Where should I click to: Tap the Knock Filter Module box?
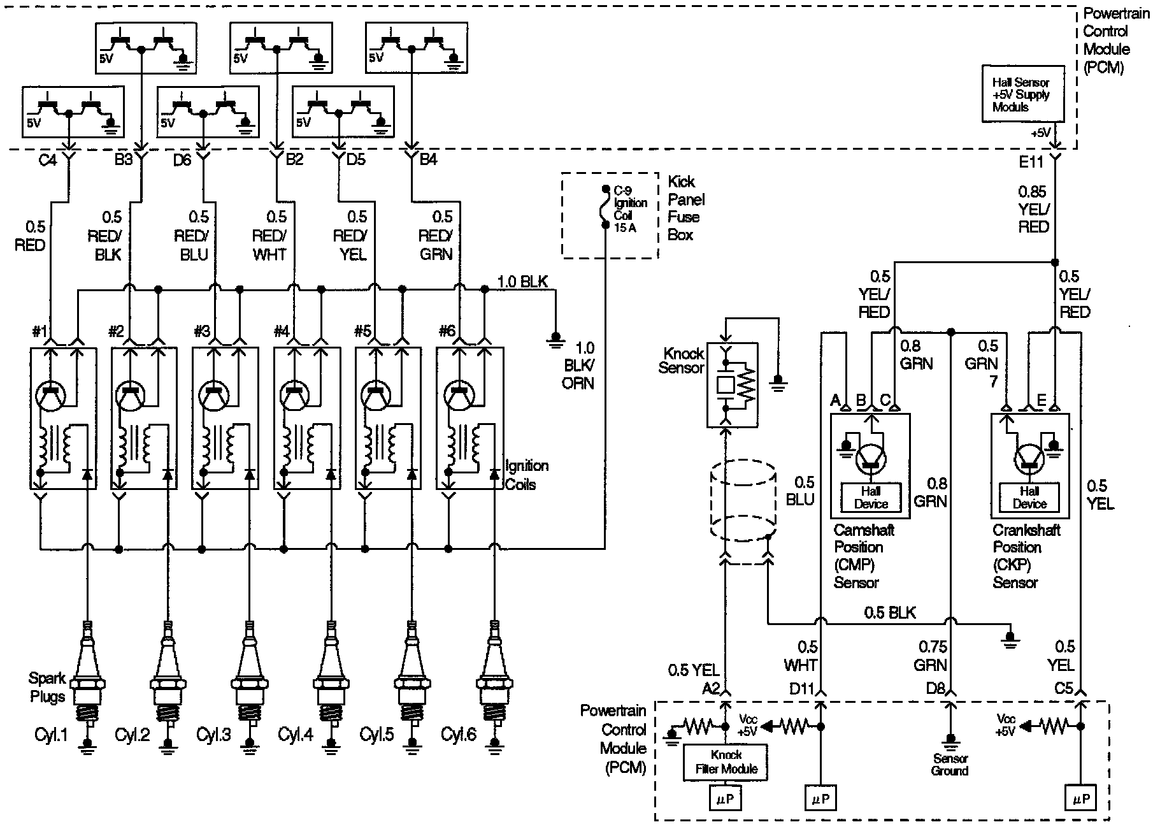726,762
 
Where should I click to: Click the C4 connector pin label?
48,160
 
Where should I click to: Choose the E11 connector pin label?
1031,162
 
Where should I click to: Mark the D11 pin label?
802,689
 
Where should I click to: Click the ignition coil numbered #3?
226,418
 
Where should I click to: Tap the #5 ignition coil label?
362,331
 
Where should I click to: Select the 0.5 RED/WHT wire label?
269,236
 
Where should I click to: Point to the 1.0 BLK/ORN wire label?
578,365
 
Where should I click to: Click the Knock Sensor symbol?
732,385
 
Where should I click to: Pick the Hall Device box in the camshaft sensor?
870,498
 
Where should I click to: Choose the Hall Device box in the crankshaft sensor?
1029,498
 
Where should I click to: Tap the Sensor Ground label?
949,765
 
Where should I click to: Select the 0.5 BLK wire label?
889,613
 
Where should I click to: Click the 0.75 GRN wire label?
933,656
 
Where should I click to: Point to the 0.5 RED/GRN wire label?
436,236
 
